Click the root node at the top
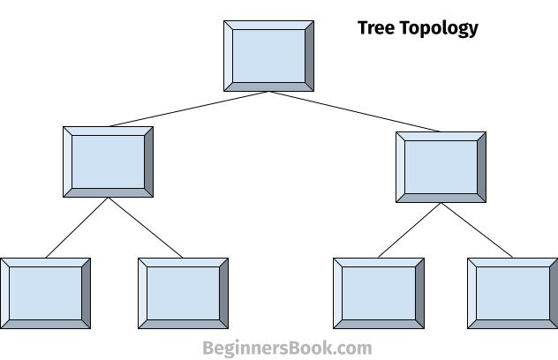pyautogui.click(x=268, y=56)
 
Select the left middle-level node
pyautogui.click(x=109, y=161)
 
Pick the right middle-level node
pyautogui.click(x=441, y=167)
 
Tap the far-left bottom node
pyautogui.click(x=45, y=294)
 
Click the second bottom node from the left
pyautogui.click(x=184, y=294)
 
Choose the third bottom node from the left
pyautogui.click(x=379, y=294)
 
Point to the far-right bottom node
pyautogui.click(x=513, y=294)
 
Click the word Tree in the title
pyautogui.click(x=377, y=27)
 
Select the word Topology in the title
pyautogui.click(x=440, y=28)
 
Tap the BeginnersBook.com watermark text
pyautogui.click(x=287, y=348)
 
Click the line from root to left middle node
pyautogui.click(x=189, y=109)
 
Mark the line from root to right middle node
pyautogui.click(x=354, y=112)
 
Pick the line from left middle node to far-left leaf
pyautogui.click(x=77, y=228)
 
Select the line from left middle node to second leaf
pyautogui.click(x=146, y=228)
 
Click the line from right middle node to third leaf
pyautogui.click(x=410, y=230)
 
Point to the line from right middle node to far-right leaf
pyautogui.click(x=477, y=230)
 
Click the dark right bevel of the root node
pyautogui.click(x=309, y=56)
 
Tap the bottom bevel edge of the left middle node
pyautogui.click(x=109, y=193)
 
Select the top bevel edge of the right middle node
pyautogui.click(x=441, y=137)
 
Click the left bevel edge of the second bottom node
pyautogui.click(x=143, y=294)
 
